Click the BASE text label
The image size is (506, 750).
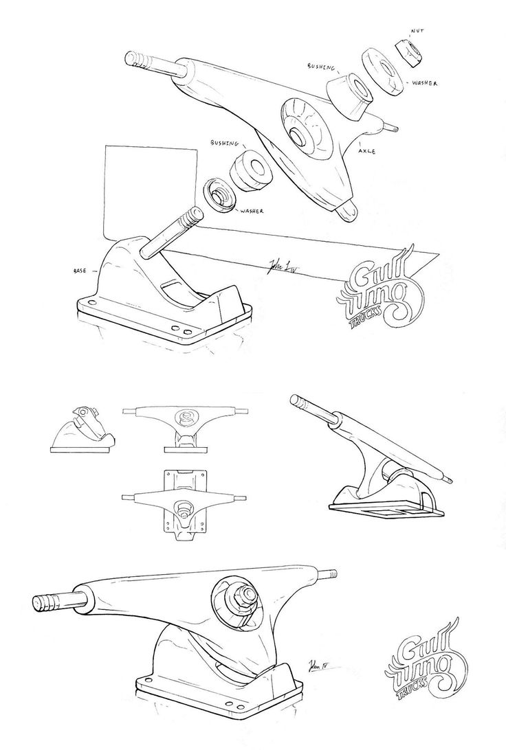(x=82, y=271)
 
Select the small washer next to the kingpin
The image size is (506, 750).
(x=221, y=195)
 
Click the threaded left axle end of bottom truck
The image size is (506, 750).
(x=49, y=597)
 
